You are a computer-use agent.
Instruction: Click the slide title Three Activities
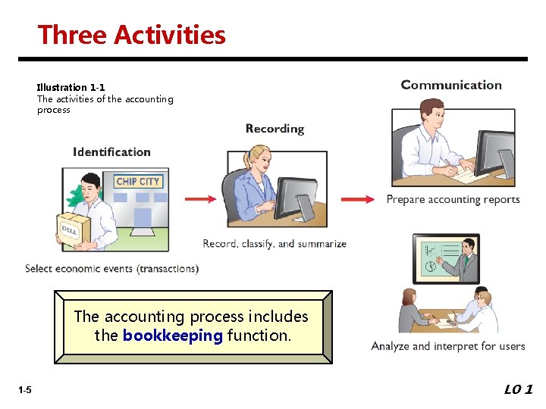(132, 35)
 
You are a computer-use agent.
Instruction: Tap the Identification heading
(111, 152)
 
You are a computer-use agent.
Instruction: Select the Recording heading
(275, 129)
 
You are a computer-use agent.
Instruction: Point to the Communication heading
(451, 86)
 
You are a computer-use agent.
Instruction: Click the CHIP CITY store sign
(138, 181)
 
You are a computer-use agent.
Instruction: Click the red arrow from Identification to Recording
(200, 199)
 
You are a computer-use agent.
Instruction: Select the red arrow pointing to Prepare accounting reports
(357, 199)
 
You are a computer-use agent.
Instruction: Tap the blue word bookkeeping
(173, 336)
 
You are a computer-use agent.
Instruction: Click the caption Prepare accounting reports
(453, 200)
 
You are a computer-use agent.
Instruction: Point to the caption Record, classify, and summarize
(275, 244)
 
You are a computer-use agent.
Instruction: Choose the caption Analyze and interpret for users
(448, 346)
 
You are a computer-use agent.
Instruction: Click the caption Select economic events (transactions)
(111, 269)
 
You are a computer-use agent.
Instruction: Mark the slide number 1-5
(25, 390)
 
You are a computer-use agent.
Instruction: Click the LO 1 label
(519, 389)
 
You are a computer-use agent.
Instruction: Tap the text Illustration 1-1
(71, 87)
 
